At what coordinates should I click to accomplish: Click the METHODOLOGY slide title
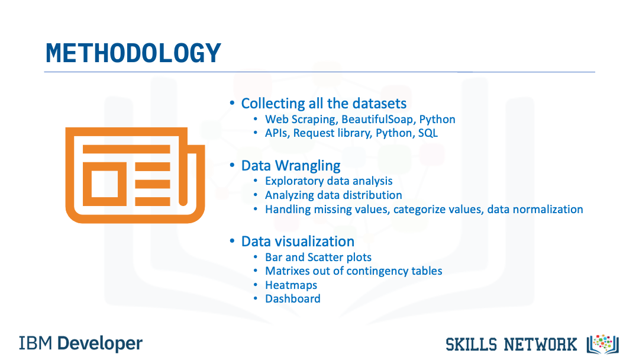click(133, 53)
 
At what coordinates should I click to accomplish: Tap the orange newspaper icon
click(135, 175)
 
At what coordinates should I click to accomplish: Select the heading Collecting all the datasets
click(324, 104)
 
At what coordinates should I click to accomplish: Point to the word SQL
click(428, 133)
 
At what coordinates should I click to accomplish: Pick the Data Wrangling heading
click(291, 166)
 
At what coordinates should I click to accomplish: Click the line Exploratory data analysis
click(328, 181)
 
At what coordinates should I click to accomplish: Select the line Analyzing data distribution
click(333, 195)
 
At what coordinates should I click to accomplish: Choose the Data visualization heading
click(298, 242)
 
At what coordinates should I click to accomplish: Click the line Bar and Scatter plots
click(318, 257)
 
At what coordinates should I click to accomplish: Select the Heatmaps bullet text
click(291, 285)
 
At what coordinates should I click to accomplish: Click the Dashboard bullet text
click(293, 299)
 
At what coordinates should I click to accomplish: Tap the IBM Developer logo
click(80, 343)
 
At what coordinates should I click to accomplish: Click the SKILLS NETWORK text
click(511, 345)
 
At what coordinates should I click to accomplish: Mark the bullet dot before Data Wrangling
click(232, 166)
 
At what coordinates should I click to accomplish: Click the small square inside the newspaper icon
click(105, 184)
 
